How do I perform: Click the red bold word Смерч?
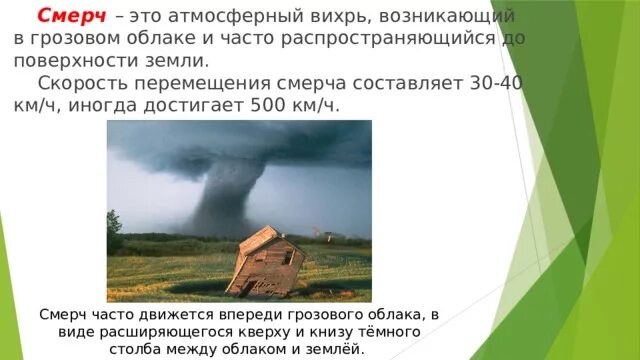70,17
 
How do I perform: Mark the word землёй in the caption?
339,349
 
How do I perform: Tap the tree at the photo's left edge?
114,225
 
